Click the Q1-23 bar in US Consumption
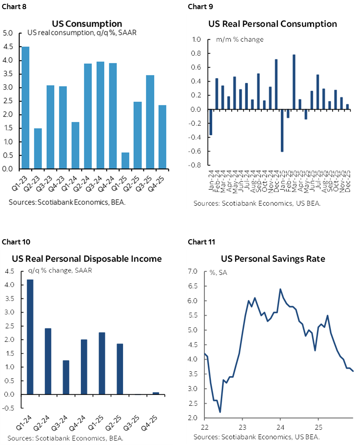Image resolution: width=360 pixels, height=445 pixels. coord(26,107)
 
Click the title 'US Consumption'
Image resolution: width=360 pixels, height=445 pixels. coord(87,23)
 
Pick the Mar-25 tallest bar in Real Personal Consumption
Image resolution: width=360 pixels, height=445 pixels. coord(294,82)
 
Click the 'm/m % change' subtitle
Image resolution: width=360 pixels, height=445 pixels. coord(240,40)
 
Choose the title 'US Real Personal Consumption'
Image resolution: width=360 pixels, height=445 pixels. coord(273,23)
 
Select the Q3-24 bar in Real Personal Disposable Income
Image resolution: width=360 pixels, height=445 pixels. coord(66,377)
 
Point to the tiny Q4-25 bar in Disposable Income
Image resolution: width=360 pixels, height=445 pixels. coord(156,393)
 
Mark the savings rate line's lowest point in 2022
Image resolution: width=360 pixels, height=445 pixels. coord(220,412)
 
